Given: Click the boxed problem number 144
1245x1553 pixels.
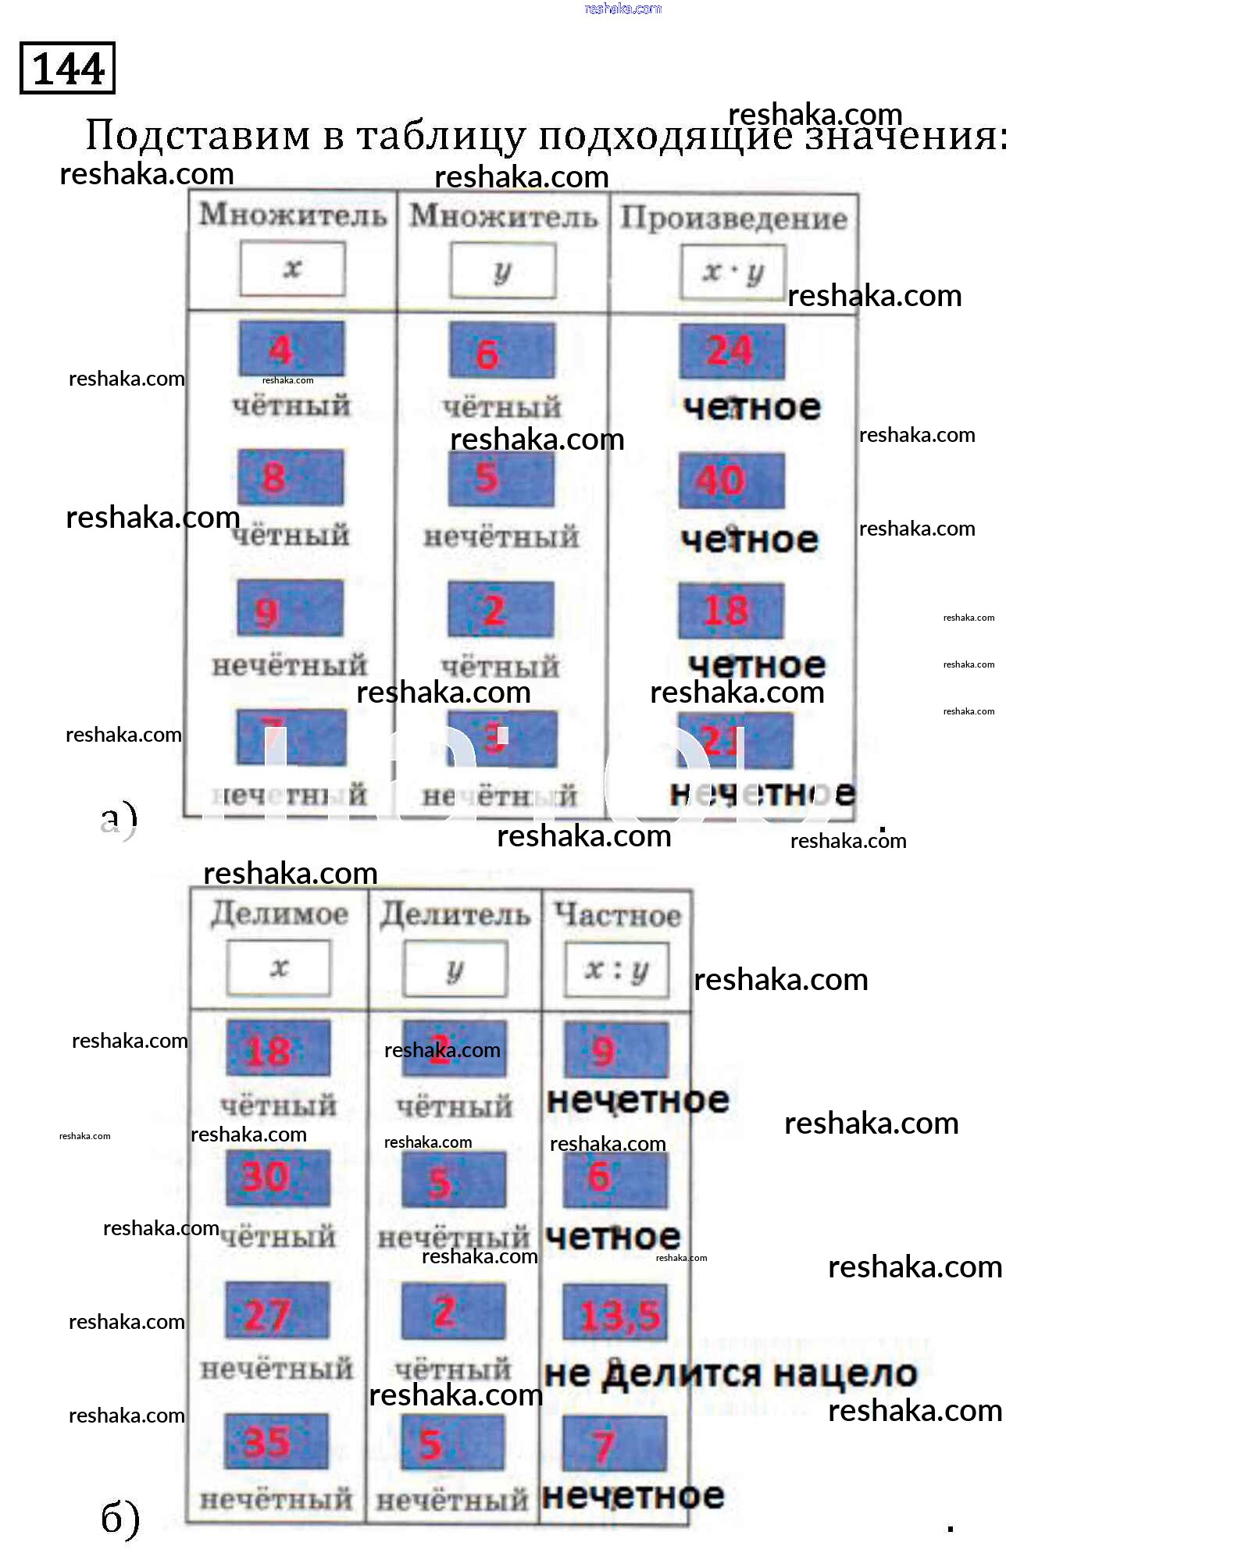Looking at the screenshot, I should coord(67,68).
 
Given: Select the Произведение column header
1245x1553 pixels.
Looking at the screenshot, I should coord(733,218).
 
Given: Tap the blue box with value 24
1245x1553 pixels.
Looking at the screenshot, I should coord(731,351).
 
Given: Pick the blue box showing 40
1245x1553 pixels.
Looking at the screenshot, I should coord(730,479).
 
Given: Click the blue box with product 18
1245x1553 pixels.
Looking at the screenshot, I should coord(730,610).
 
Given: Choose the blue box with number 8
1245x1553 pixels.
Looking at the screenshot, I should coord(291,476).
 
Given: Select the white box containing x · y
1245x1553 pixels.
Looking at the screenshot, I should coord(732,272).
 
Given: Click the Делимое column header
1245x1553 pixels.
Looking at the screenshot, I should coord(279,914).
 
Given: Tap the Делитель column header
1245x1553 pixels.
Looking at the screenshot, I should coord(455,914).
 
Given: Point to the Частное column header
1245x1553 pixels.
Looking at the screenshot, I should coord(617,915).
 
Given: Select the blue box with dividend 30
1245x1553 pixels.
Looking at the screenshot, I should coord(277,1177).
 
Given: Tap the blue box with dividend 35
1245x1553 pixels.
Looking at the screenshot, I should coord(276,1441).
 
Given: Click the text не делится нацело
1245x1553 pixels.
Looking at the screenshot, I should coord(730,1373).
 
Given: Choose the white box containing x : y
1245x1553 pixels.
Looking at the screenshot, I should coord(617,970).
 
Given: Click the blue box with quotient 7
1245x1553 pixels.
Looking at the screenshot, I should coord(614,1444).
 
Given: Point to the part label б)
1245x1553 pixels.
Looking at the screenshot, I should coord(120,1517).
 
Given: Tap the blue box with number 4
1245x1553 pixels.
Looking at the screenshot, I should coord(291,348).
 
